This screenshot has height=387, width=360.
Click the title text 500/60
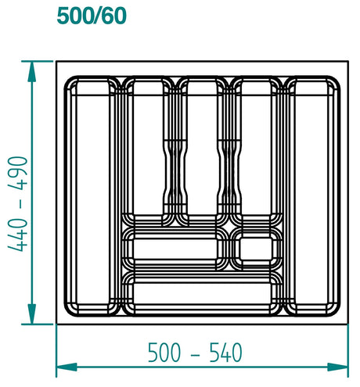[92, 16]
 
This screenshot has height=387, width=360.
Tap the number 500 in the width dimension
[164, 352]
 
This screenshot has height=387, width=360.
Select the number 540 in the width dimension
[225, 352]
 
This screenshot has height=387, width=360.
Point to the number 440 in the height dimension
[18, 235]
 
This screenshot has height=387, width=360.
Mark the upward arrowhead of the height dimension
[32, 72]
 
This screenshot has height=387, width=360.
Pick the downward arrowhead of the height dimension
[32, 314]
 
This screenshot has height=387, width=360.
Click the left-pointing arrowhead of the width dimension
[67, 367]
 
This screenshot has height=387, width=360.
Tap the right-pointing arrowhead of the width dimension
[338, 367]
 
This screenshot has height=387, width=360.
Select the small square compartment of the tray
[256, 249]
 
